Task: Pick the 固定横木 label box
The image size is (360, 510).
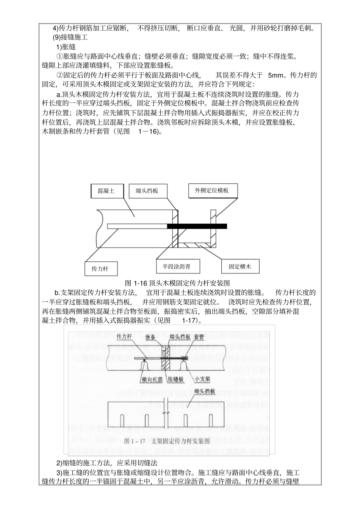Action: [239, 267]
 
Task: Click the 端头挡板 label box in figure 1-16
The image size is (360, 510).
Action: [147, 191]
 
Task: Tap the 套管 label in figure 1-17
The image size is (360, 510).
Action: [199, 337]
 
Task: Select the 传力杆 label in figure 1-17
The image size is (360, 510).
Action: [124, 336]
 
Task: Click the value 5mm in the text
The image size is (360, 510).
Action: [275, 75]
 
